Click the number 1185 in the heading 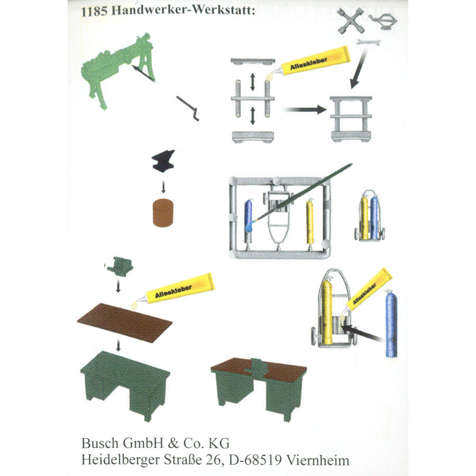click(95, 12)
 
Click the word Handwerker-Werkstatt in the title click(182, 11)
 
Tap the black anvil click(163, 161)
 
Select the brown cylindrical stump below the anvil click(163, 213)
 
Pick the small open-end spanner click(368, 42)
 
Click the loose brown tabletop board click(125, 323)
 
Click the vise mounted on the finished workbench click(257, 368)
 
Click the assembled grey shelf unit click(351, 118)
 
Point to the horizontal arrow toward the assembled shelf click(305, 110)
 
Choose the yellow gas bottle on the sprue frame click(309, 221)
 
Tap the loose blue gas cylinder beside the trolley click(391, 324)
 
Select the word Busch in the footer click(100, 443)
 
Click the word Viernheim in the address click(317, 460)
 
